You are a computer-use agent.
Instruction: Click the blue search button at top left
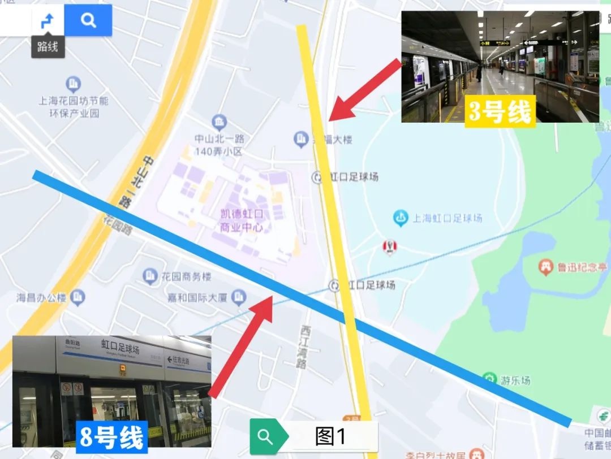(x=88, y=21)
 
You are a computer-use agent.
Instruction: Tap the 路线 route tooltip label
(x=48, y=46)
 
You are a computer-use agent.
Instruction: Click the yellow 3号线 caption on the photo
(x=500, y=111)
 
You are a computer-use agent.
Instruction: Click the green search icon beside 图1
(x=265, y=436)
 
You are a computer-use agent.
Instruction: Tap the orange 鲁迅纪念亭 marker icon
(x=545, y=266)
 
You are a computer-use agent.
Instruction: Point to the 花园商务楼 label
(x=186, y=276)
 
